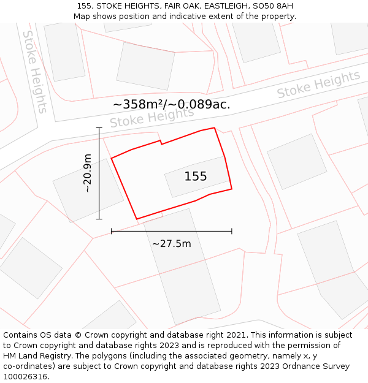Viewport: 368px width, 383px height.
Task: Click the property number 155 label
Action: tap(196, 176)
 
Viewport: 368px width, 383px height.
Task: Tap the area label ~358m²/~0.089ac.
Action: tap(172, 104)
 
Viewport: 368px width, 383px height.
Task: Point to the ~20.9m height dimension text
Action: tap(88, 173)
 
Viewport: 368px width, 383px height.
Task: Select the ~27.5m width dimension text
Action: tap(172, 244)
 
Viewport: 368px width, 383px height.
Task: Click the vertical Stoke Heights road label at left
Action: tap(35, 72)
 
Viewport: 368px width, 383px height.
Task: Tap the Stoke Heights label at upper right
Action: tap(318, 85)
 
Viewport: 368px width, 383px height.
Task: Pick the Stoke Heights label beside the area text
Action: tap(151, 117)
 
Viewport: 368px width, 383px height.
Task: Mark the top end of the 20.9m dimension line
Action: tap(99, 127)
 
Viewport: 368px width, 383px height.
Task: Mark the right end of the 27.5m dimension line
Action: tap(232, 231)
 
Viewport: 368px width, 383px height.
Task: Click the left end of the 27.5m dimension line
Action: tap(111, 231)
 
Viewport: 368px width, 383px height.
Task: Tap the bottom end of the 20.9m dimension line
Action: tap(99, 219)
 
